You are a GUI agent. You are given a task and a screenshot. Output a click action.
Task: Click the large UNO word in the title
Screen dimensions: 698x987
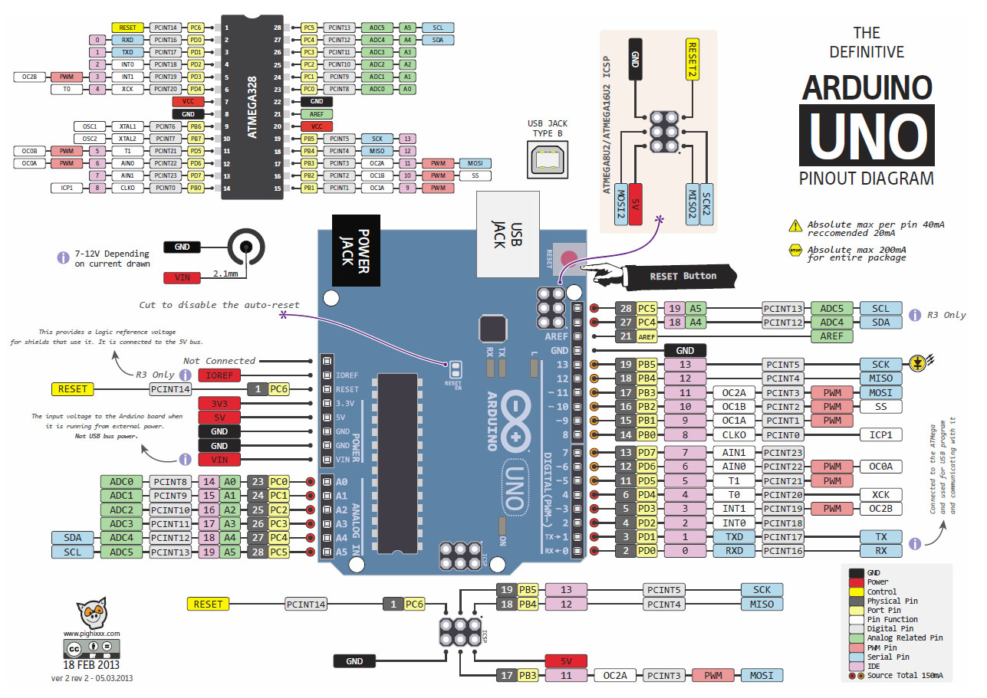tap(867, 136)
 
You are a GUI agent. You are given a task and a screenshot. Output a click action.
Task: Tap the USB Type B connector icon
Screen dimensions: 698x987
tap(547, 159)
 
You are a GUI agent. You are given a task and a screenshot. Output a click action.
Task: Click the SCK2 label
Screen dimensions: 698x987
tap(707, 204)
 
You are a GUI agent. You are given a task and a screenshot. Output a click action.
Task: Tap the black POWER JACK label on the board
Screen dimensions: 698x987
tap(357, 251)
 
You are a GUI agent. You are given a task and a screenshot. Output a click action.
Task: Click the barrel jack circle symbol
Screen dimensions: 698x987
tap(246, 247)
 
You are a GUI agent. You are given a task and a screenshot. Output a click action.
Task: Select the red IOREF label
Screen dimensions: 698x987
tap(221, 375)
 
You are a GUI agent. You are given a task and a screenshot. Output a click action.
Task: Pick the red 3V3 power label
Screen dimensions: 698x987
tap(221, 404)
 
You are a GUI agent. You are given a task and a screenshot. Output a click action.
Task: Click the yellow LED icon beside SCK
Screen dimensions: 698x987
tap(916, 364)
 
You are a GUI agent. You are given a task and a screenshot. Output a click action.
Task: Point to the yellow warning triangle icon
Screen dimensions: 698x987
tap(795, 225)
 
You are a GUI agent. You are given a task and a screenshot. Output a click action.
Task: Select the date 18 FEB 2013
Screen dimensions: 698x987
tap(91, 665)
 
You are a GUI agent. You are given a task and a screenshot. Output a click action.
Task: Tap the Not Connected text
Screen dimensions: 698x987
tap(219, 361)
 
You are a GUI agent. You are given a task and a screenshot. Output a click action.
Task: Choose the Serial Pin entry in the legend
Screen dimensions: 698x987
tap(887, 657)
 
